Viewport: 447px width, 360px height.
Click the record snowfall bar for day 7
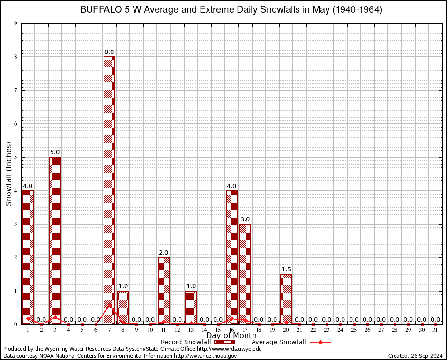[x=109, y=190]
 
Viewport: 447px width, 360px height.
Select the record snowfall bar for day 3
[x=55, y=240]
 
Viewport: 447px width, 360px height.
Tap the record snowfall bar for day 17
[x=245, y=274]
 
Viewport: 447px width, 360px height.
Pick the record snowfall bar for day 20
[x=286, y=299]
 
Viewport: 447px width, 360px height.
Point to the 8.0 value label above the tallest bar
[x=109, y=52]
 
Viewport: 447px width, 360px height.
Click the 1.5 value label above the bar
[x=286, y=270]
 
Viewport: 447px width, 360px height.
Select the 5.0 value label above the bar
[x=55, y=152]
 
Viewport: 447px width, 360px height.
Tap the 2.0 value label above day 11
[x=164, y=253]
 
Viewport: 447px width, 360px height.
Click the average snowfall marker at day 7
[x=109, y=305]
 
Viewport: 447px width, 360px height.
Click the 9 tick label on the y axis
[x=15, y=23]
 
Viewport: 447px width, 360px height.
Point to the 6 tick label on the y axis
[x=15, y=124]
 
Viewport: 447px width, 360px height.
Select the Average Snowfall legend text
[x=278, y=342]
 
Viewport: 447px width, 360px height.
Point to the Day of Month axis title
[x=231, y=336]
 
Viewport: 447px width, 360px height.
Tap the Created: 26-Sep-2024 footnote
[x=415, y=356]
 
